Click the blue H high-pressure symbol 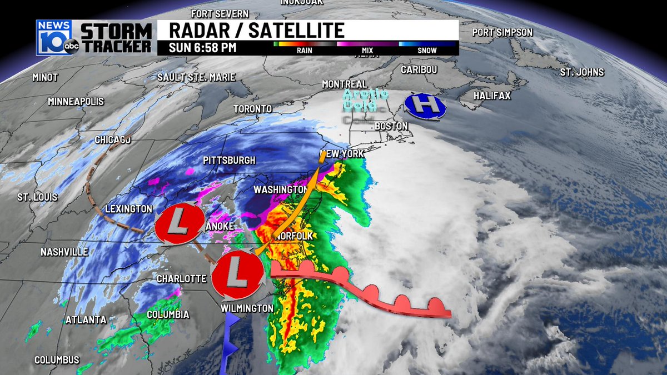coord(425,105)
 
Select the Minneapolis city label coord(76,102)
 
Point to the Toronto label coord(252,109)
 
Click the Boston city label coord(391,126)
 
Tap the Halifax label coord(492,96)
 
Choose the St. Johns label coord(581,72)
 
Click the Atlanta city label coord(86,319)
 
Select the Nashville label coord(64,252)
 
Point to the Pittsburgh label coord(229,160)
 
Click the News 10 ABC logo coord(56,38)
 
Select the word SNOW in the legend coord(427,51)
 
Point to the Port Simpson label coord(502,32)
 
